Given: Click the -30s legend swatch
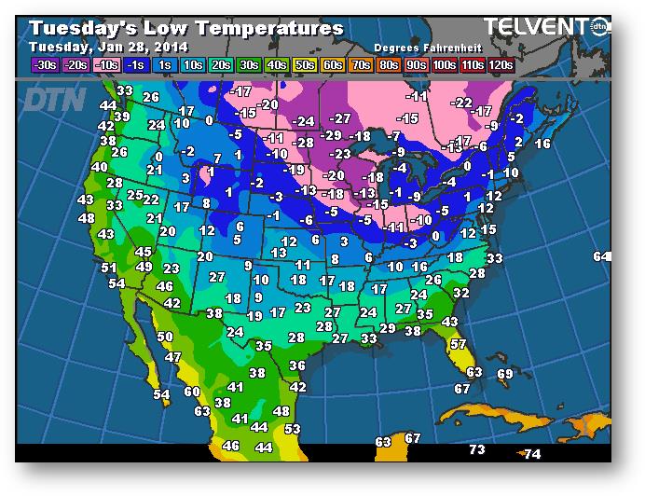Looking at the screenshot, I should pyautogui.click(x=43, y=64).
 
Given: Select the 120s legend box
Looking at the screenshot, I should pyautogui.click(x=501, y=64).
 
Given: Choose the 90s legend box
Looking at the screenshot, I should pyautogui.click(x=416, y=64).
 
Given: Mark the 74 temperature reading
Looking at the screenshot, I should pyautogui.click(x=532, y=454).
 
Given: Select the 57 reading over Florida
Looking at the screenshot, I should pyautogui.click(x=458, y=344).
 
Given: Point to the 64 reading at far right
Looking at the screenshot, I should pyautogui.click(x=601, y=256).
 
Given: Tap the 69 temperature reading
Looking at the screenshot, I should pyautogui.click(x=505, y=374).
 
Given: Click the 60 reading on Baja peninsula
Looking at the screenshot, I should pyautogui.click(x=192, y=393).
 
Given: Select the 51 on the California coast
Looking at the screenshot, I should pyautogui.click(x=109, y=268).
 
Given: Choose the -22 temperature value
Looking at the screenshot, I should pyautogui.click(x=461, y=103).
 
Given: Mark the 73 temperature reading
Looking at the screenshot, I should pyautogui.click(x=477, y=450).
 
